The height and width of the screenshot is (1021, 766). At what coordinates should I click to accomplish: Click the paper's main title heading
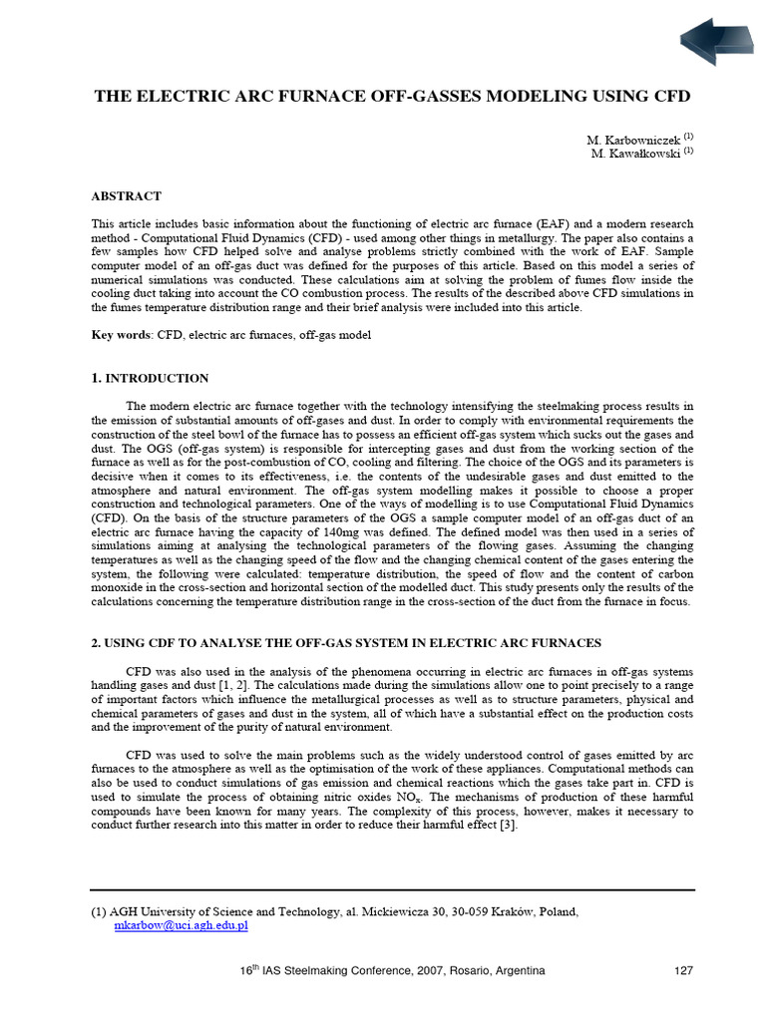[x=392, y=97]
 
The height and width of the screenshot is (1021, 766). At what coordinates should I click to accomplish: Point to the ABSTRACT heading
[x=126, y=196]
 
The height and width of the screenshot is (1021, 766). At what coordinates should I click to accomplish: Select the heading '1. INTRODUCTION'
[x=150, y=379]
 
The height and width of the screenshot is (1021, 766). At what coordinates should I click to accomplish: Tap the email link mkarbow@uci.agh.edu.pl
[x=181, y=926]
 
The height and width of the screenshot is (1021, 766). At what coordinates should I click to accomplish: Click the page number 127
[x=683, y=971]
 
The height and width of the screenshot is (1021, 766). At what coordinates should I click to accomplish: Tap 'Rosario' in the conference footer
[x=460, y=971]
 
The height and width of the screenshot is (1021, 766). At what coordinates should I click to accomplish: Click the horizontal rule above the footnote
[x=392, y=889]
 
